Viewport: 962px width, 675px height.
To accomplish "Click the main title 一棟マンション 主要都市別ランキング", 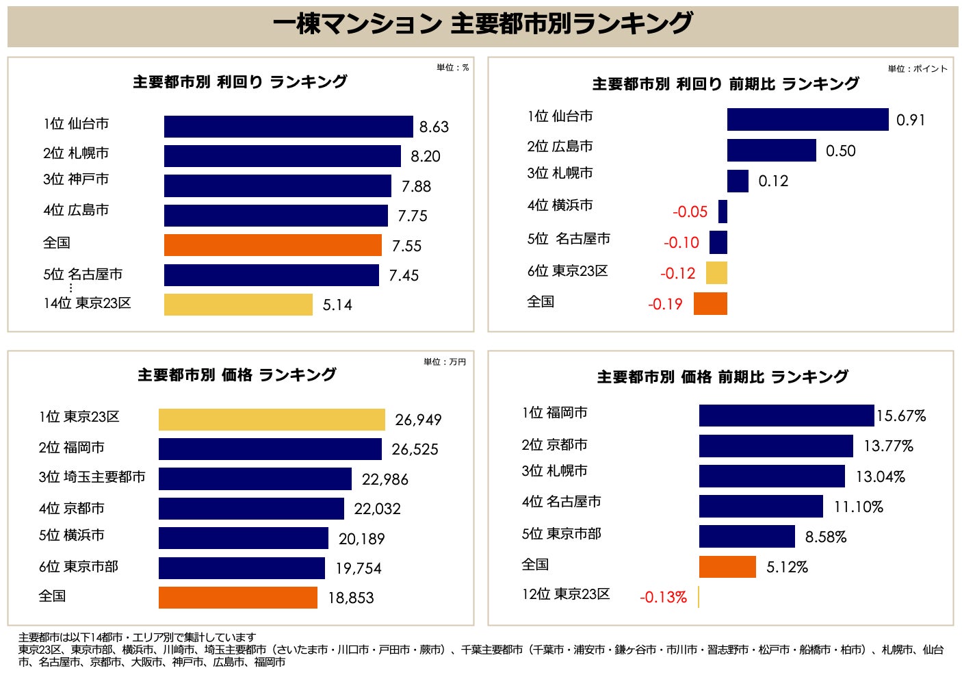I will pyautogui.click(x=482, y=25).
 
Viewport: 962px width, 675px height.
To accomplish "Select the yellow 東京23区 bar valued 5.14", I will pyautogui.click(x=238, y=305).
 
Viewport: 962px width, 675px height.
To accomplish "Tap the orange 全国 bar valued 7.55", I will pyautogui.click(x=272, y=245).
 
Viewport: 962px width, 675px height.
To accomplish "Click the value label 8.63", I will pyautogui.click(x=434, y=127).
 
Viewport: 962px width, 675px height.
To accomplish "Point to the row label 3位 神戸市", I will pyautogui.click(x=76, y=179).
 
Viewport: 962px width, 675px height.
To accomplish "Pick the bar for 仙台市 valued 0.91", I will pyautogui.click(x=807, y=120).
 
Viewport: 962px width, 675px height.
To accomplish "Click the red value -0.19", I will pyautogui.click(x=665, y=304).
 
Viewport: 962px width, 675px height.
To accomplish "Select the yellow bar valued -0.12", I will pyautogui.click(x=716, y=273).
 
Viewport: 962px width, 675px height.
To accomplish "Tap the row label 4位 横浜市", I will pyautogui.click(x=560, y=205).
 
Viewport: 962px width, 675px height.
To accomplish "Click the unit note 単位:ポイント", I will pyautogui.click(x=918, y=68).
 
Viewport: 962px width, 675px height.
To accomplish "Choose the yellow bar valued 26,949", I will pyautogui.click(x=272, y=420).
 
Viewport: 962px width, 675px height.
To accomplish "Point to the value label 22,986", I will pyautogui.click(x=385, y=479).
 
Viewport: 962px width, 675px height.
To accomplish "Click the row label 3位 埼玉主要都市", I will pyautogui.click(x=92, y=477).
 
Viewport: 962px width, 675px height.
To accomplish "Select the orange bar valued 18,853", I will pyautogui.click(x=237, y=598).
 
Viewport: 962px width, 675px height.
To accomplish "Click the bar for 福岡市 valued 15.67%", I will pyautogui.click(x=786, y=416).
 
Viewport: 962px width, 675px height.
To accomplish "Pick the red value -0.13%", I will pyautogui.click(x=663, y=597).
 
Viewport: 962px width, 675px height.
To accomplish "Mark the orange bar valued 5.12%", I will pyautogui.click(x=727, y=567).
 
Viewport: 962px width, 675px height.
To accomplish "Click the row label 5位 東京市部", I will pyautogui.click(x=561, y=534).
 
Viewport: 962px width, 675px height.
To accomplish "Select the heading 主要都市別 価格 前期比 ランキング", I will pyautogui.click(x=722, y=377).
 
